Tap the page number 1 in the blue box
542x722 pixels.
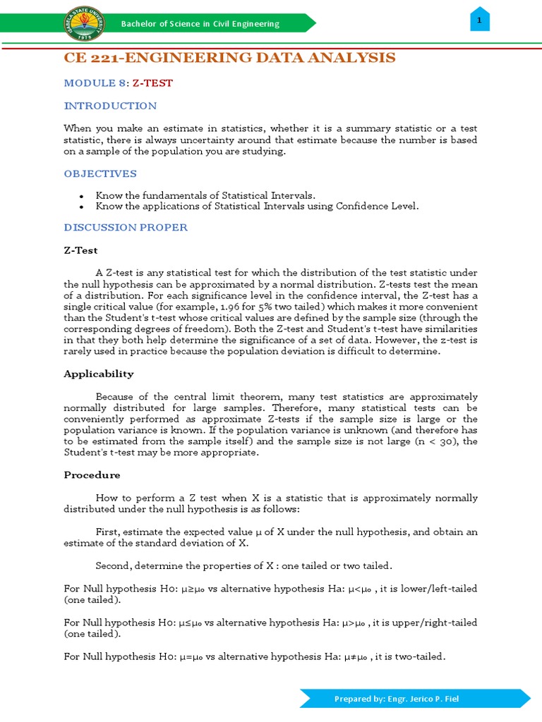479,21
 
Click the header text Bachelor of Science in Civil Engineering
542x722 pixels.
200,24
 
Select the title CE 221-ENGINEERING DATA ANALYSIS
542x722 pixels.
229,58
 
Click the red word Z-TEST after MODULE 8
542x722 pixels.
152,83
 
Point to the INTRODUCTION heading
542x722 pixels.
110,106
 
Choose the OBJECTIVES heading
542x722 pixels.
100,173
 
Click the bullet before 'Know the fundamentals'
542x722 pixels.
83,195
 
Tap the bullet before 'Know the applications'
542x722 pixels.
83,207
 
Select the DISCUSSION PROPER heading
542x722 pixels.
126,227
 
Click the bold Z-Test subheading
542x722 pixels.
80,250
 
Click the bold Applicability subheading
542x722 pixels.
98,374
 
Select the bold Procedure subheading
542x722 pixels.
92,475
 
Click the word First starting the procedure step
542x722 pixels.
107,532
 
